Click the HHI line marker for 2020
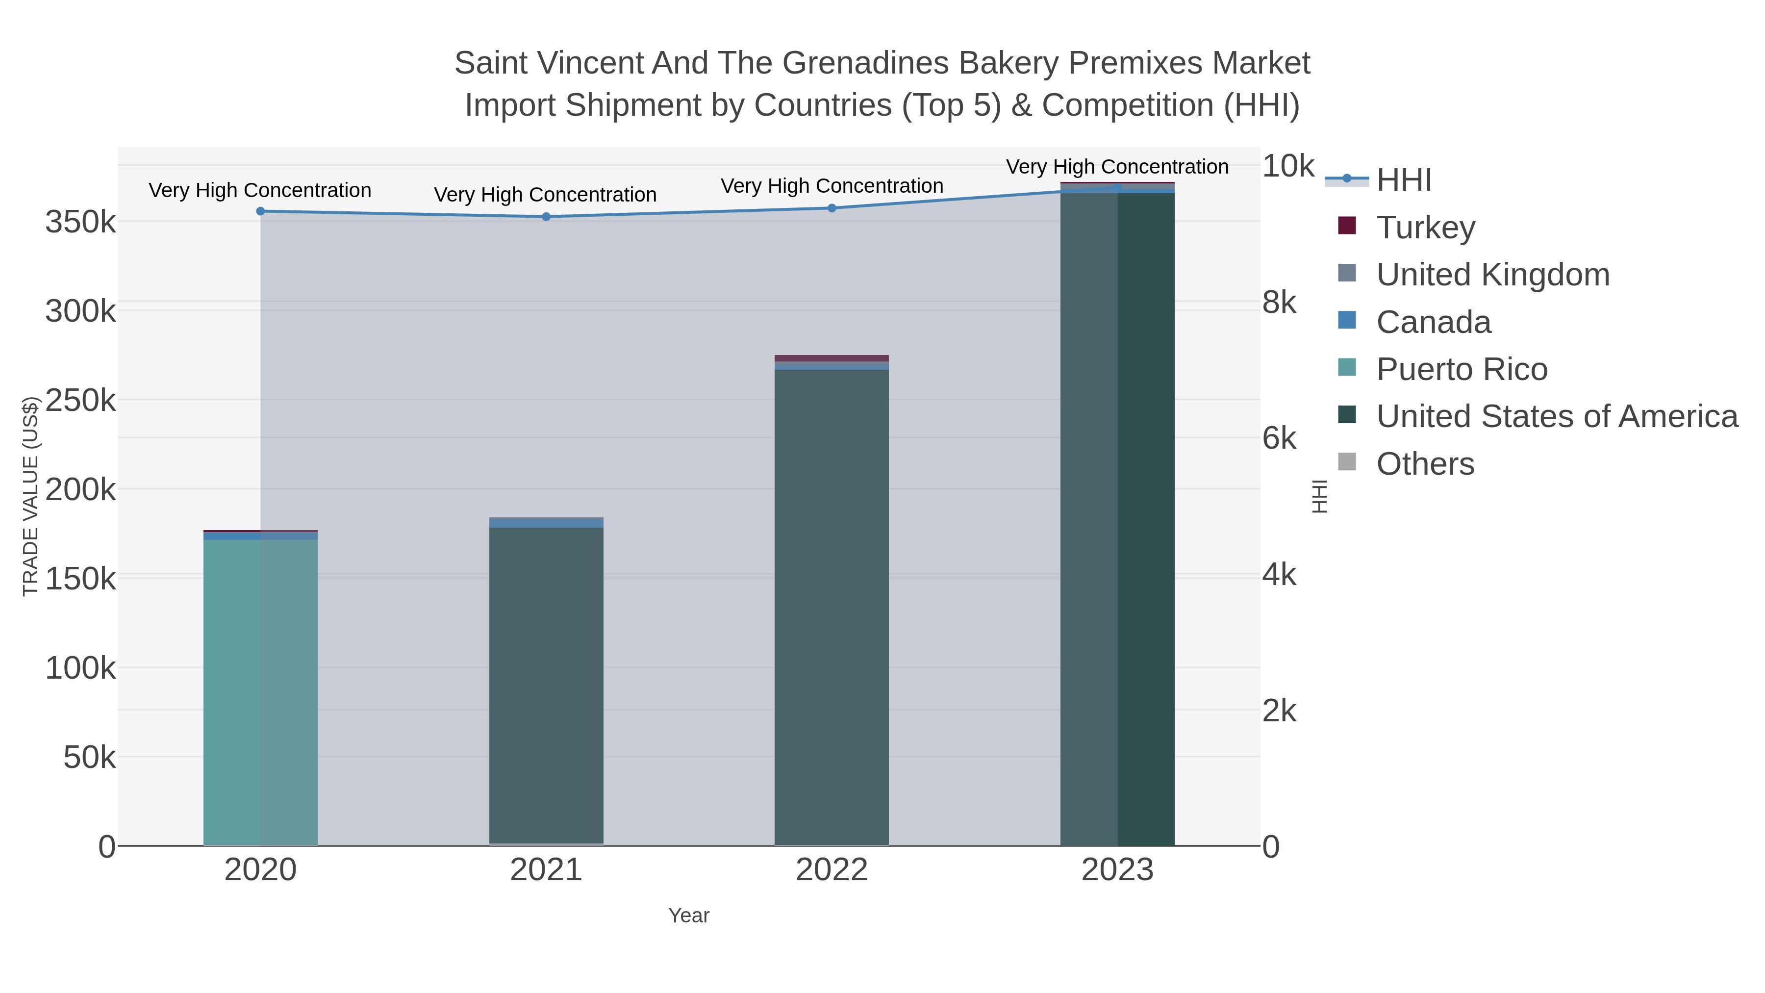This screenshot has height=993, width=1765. tap(260, 211)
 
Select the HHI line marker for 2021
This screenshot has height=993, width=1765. tap(546, 217)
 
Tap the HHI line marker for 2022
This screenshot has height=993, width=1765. tap(832, 207)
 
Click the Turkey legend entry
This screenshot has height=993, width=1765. tap(1425, 227)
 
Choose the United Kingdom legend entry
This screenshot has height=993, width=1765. tap(1492, 274)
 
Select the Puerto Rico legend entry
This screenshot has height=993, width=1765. tap(1462, 369)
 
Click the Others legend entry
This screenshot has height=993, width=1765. tap(1425, 463)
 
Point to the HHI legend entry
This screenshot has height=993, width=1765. tap(1403, 179)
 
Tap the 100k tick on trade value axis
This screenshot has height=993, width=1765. tap(80, 667)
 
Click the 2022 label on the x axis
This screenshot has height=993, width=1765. tap(832, 869)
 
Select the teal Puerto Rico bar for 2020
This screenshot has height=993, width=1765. tap(260, 692)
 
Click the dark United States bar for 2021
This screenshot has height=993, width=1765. tap(546, 686)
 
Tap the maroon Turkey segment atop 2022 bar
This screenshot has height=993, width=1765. tap(832, 358)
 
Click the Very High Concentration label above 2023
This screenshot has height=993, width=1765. tap(1117, 167)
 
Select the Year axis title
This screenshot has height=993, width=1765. tap(689, 915)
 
